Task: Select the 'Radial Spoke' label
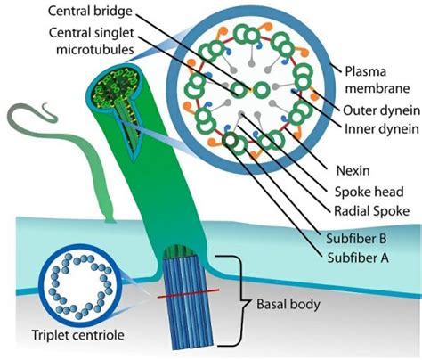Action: tap(369, 211)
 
